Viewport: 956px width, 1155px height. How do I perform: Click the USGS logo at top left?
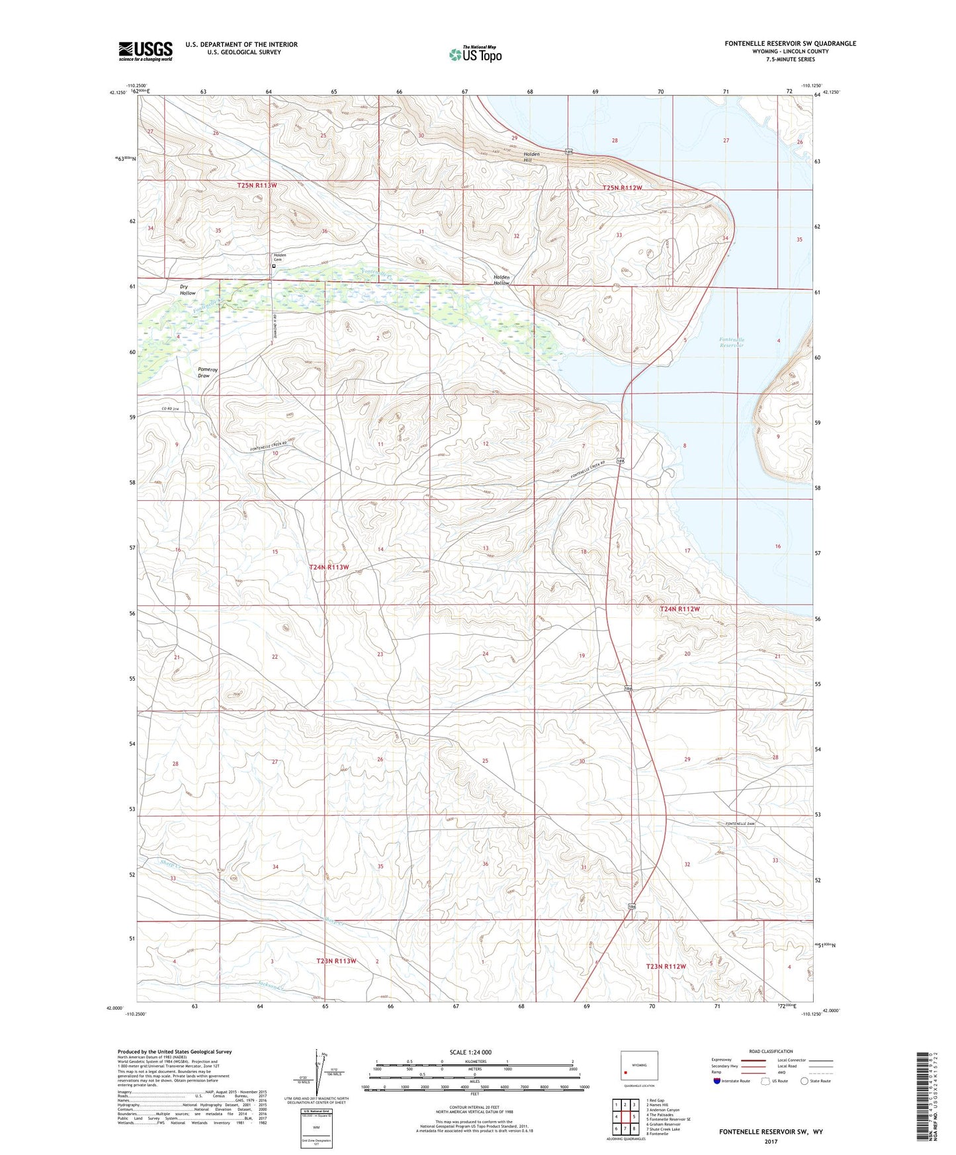coord(146,51)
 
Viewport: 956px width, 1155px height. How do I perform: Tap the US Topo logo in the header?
coord(475,54)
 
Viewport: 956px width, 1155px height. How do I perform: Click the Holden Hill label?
coord(531,157)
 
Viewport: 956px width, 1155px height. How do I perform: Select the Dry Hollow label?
coord(188,290)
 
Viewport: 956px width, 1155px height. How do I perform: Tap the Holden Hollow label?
coord(501,280)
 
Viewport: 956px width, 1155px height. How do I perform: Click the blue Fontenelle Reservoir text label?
coord(731,342)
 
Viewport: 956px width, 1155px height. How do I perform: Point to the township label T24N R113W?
coord(329,567)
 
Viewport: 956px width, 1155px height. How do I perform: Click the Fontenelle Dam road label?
coord(740,824)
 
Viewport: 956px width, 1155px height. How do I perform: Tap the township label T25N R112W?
coord(622,188)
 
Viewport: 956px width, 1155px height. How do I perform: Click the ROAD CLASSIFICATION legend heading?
coord(771,1051)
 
